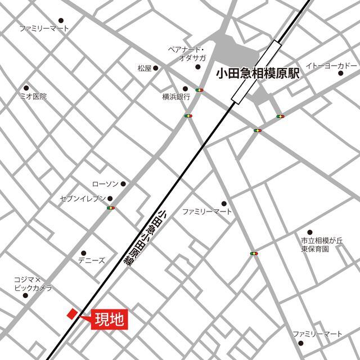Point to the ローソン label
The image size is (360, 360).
click(105, 184)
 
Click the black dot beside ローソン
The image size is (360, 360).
click(123, 184)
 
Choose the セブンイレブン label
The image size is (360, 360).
click(83, 199)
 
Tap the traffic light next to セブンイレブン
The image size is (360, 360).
click(110, 209)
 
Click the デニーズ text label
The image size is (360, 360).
click(91, 260)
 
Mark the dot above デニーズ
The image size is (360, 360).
click(84, 253)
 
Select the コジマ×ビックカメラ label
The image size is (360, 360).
click(33, 283)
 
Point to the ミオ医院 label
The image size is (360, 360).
click(33, 96)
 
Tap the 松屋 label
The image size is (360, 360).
click(145, 69)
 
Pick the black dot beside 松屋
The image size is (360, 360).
click(156, 69)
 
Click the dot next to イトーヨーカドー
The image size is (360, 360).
click(341, 73)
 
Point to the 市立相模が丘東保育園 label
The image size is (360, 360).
click(321, 245)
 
